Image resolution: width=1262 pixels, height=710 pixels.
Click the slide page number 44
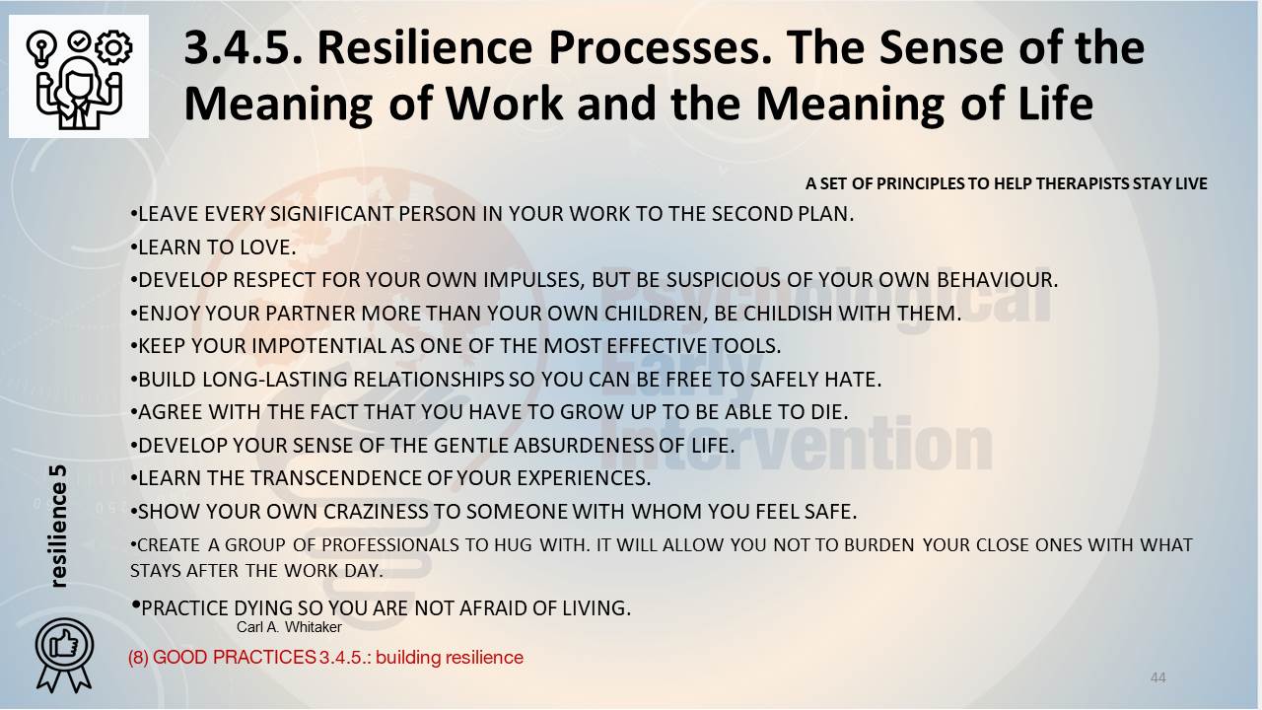point(1157,677)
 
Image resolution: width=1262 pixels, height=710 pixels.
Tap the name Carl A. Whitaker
point(289,627)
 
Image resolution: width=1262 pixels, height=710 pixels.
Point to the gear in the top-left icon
point(113,47)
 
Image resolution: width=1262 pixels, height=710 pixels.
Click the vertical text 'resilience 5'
point(58,527)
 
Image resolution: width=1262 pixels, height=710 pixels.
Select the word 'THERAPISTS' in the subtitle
point(1083,183)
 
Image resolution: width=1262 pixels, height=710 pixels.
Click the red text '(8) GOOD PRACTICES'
point(222,658)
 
